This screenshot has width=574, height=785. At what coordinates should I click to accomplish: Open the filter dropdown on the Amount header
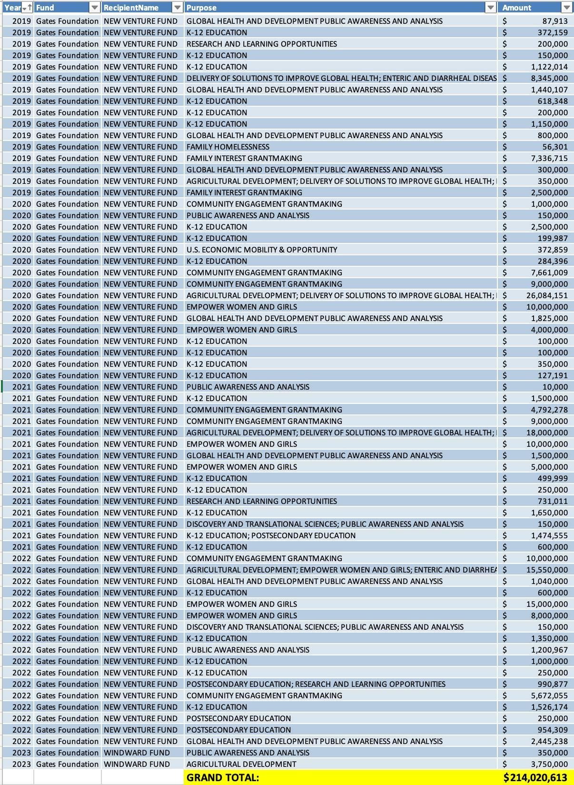point(566,8)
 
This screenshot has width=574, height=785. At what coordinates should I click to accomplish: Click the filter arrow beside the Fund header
point(94,8)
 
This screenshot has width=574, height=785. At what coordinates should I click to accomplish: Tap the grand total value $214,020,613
point(535,778)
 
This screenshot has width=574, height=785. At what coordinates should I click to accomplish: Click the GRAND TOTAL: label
point(223,778)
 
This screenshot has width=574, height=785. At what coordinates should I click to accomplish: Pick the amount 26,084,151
point(547,295)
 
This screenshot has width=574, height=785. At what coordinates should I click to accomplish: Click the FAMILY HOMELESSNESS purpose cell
point(228,147)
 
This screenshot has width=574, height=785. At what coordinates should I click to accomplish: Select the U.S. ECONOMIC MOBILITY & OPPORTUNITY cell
point(262,250)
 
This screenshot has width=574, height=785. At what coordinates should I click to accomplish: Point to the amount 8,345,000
point(549,78)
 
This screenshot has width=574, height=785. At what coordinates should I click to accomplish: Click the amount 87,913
point(555,21)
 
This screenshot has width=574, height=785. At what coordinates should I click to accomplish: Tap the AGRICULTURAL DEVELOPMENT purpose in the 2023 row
point(241,764)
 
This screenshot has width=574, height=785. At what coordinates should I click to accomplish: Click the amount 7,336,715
point(549,158)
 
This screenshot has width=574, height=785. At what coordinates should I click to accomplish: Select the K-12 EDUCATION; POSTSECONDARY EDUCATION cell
point(271,535)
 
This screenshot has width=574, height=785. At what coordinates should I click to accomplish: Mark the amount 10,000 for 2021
point(555,387)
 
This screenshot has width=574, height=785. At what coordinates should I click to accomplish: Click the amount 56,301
point(555,147)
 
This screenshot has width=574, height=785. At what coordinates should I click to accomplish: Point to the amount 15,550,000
point(547,570)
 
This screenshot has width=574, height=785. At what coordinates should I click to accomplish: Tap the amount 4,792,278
point(549,410)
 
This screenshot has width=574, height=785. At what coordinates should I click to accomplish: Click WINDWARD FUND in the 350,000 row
point(137,753)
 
